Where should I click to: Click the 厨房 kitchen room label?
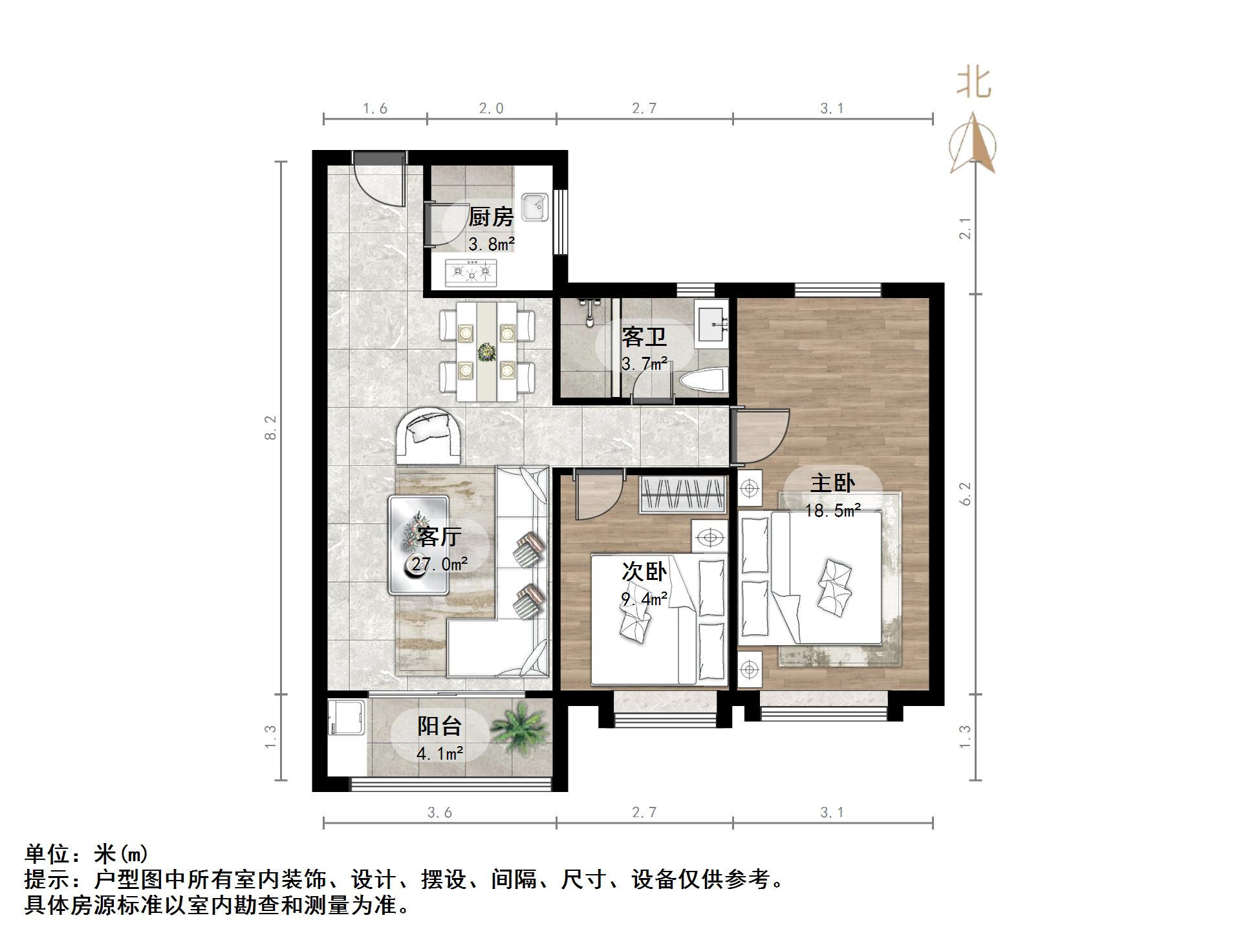coord(491,217)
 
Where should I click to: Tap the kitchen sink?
coord(536,207)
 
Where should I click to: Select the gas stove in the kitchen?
coord(471,273)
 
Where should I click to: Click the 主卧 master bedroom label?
coord(832,483)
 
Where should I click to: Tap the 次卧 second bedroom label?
coord(644,572)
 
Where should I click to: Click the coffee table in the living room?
coord(418,545)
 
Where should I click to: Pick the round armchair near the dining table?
coord(428,434)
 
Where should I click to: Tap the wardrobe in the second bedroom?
coord(682,495)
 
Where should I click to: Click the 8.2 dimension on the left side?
coord(270,427)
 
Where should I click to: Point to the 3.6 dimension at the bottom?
coord(439,813)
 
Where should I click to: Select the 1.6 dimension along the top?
coord(374,109)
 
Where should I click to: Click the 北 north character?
coord(973,84)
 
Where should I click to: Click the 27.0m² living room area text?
coord(440,564)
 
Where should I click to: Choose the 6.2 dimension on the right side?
coord(965,493)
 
